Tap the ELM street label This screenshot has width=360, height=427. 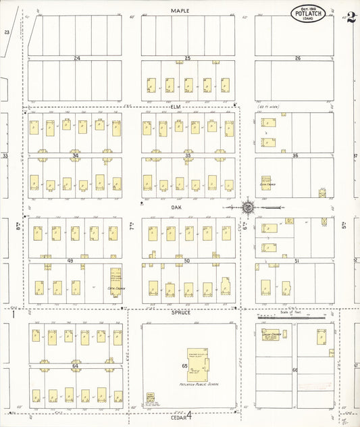(177, 107)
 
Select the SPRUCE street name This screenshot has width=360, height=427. (181, 313)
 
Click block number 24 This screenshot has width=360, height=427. (77, 59)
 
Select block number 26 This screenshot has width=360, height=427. (297, 59)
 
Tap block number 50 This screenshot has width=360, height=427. (187, 260)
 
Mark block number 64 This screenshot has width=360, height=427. (76, 366)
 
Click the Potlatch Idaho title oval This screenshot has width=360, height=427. (309, 14)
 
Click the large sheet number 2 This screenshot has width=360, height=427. (351, 17)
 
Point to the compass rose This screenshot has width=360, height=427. (248, 207)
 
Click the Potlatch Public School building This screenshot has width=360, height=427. (197, 362)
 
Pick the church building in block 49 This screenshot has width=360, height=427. (116, 279)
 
